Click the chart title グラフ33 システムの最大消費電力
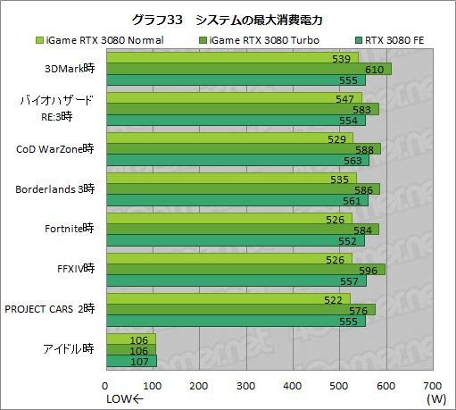(228, 20)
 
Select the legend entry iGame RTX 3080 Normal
(89, 39)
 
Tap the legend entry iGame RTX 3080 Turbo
(254, 39)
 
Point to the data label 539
(340, 59)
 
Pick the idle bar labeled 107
(131, 361)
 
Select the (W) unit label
(435, 398)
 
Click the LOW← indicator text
(124, 398)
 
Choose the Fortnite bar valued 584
(242, 229)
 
